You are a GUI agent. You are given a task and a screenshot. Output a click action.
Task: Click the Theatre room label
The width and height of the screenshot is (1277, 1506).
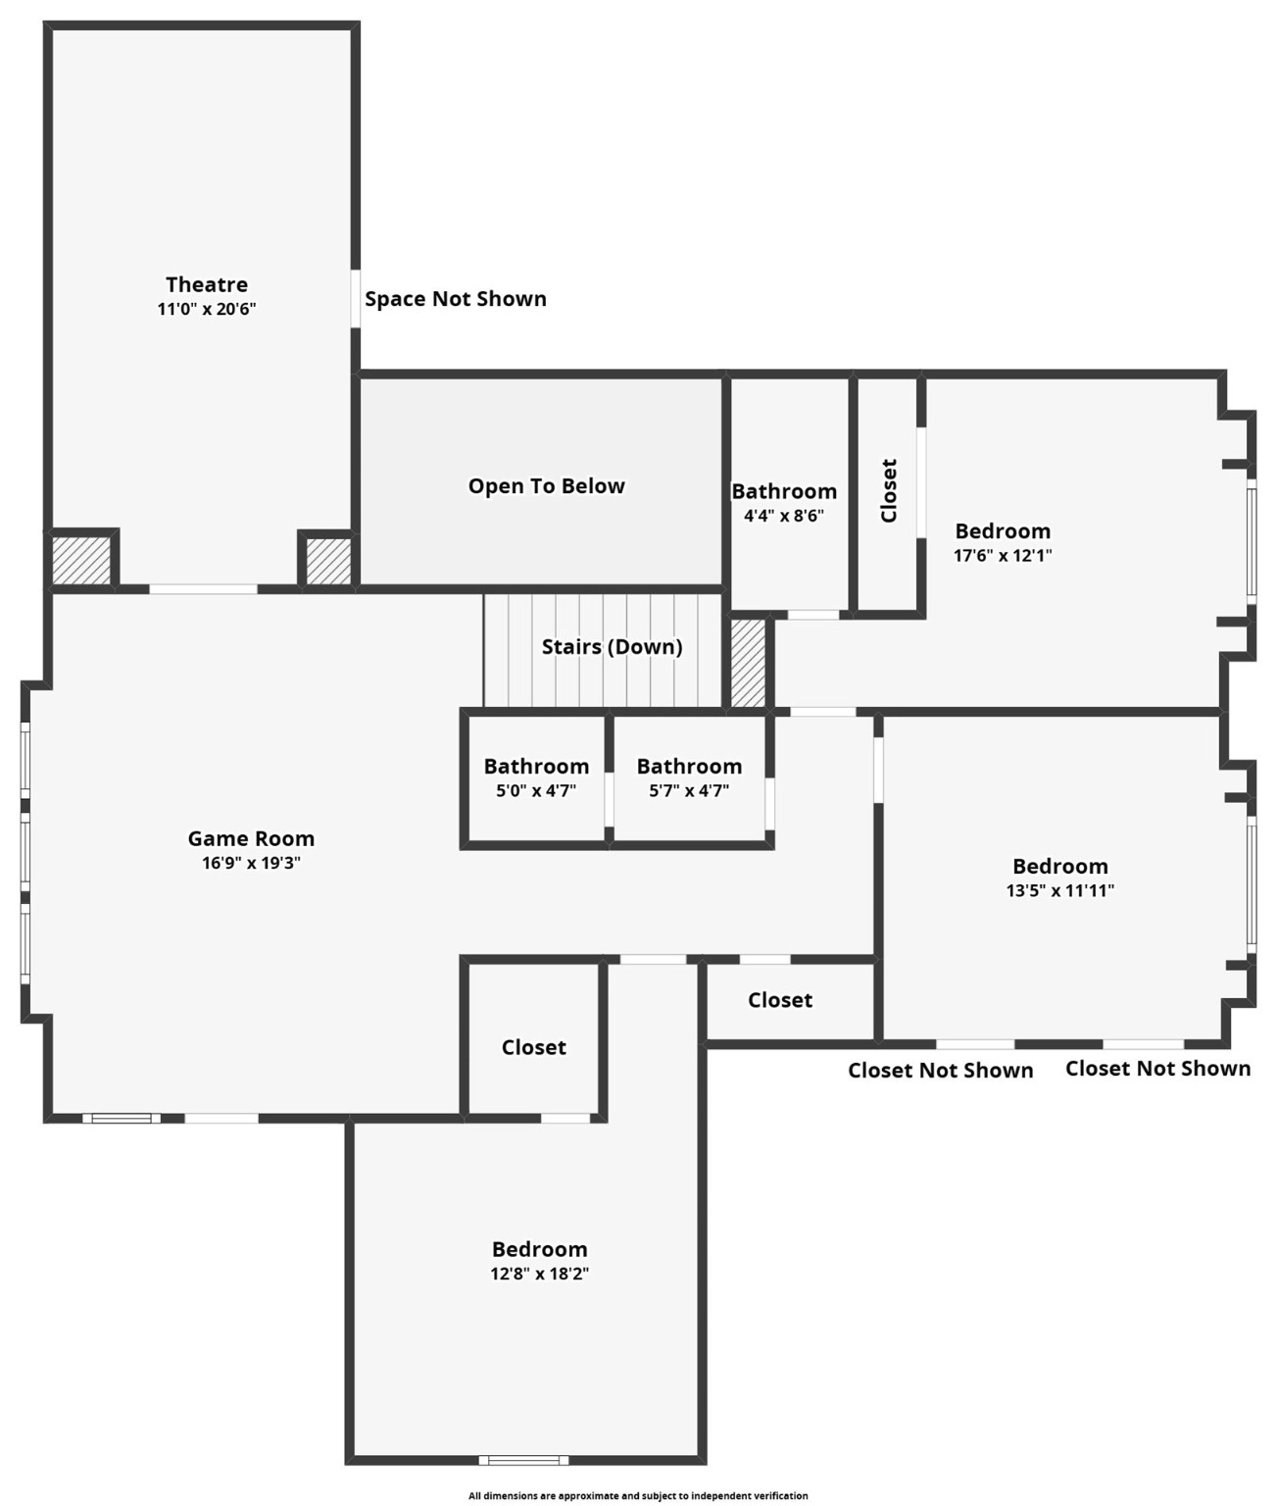coord(206,284)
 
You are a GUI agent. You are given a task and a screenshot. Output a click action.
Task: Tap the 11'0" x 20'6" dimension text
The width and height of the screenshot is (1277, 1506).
coord(206,309)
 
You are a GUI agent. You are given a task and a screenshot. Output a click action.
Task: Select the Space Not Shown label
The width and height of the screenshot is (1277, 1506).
coord(455,299)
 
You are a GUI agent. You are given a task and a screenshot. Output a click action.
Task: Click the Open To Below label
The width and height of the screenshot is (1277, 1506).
coord(546,486)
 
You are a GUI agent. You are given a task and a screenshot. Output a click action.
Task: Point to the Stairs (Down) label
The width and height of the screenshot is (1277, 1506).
coord(612,647)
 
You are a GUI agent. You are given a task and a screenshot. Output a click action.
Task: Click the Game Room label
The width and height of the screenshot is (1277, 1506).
coord(251,838)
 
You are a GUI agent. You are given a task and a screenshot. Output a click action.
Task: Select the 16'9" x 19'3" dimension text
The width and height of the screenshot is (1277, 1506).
coord(251,863)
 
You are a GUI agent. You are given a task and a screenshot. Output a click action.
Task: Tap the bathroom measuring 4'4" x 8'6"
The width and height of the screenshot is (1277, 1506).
coord(784,503)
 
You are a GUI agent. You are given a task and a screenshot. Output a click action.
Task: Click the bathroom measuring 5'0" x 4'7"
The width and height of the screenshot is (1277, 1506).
coord(536,778)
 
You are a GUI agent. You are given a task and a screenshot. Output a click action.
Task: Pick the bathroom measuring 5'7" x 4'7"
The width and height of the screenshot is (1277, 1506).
coord(689,778)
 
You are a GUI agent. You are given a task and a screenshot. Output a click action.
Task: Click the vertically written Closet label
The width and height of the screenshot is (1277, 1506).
coord(889,490)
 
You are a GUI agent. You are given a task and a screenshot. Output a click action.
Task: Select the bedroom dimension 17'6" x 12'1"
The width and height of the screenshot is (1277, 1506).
coord(1003,555)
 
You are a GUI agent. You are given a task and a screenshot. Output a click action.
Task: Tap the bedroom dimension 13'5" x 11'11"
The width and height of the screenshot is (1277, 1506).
coord(1060,890)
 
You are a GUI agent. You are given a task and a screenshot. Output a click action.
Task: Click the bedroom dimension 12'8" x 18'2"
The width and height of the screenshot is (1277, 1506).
coord(539,1274)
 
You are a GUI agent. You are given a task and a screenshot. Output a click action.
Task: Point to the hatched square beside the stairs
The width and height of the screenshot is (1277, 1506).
coord(748,662)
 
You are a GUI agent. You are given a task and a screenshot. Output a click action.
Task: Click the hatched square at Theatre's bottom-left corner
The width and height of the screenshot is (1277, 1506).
coord(80,560)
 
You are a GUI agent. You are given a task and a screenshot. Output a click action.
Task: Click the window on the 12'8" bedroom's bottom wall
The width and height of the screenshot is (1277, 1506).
coord(523,1460)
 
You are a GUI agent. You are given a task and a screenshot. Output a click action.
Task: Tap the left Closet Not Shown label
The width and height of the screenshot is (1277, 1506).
coord(940,1071)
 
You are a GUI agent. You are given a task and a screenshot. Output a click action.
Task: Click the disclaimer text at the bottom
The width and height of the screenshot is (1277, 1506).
coord(638,1495)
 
